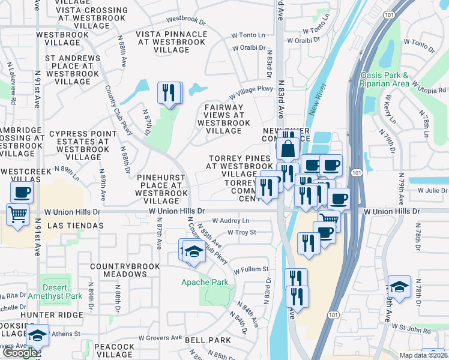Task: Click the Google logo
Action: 19,353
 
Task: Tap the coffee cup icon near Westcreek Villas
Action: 22,193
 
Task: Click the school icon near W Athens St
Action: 38,335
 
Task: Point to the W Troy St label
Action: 242,232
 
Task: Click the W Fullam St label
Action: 251,270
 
